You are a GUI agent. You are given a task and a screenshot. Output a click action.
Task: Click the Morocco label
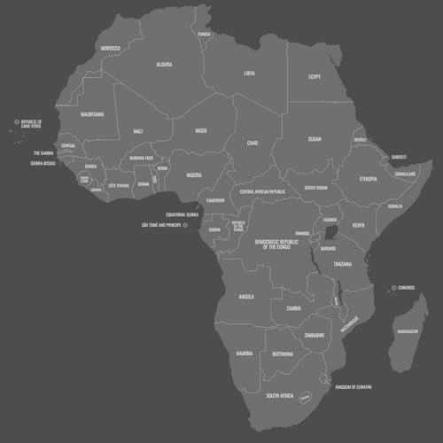pyautogui.click(x=110, y=48)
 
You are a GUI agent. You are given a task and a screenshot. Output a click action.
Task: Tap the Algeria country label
pyautogui.click(x=164, y=65)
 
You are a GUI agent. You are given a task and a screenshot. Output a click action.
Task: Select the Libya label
pyautogui.click(x=249, y=74)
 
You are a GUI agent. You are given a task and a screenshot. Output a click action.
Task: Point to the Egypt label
pyautogui.click(x=314, y=77)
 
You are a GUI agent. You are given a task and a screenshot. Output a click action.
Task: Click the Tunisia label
pyautogui.click(x=205, y=35)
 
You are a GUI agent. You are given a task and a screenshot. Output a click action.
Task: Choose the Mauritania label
pyautogui.click(x=92, y=114)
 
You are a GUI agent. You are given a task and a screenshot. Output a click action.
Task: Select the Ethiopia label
pyautogui.click(x=368, y=179)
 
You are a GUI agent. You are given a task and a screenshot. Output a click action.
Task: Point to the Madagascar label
pyautogui.click(x=408, y=331)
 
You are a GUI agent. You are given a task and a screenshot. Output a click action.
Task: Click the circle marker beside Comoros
pyautogui.click(x=393, y=288)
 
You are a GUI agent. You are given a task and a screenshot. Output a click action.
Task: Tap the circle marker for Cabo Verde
pyautogui.click(x=16, y=123)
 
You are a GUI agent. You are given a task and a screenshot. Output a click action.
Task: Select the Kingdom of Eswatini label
pyautogui.click(x=353, y=387)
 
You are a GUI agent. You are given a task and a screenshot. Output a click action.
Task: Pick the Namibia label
pyautogui.click(x=245, y=354)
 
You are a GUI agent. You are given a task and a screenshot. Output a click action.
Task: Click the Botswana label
pyautogui.click(x=283, y=354)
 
